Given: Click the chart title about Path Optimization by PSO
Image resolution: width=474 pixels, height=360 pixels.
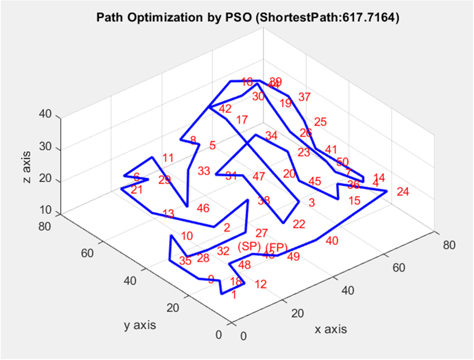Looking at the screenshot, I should (x=247, y=18).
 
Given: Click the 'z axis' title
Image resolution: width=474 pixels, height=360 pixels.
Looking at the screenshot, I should (x=28, y=167).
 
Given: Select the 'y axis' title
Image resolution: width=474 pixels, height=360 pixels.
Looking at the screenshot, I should (x=140, y=325).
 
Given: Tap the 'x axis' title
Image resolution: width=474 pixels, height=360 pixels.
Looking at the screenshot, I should (x=331, y=329).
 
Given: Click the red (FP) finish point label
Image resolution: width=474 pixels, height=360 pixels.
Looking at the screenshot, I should (x=277, y=247).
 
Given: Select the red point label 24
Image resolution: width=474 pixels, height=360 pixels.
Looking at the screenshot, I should (x=403, y=192).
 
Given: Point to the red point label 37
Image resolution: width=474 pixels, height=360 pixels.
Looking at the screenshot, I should (x=304, y=97).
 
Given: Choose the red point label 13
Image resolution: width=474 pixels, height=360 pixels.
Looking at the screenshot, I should (x=169, y=214).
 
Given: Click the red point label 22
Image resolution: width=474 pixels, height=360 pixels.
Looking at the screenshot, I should (x=299, y=224).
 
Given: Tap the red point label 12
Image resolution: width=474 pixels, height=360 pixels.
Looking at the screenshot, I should (x=261, y=284).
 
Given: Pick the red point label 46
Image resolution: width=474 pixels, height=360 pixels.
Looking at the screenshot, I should (x=203, y=208).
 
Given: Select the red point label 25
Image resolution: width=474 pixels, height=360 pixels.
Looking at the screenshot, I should (x=320, y=122).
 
